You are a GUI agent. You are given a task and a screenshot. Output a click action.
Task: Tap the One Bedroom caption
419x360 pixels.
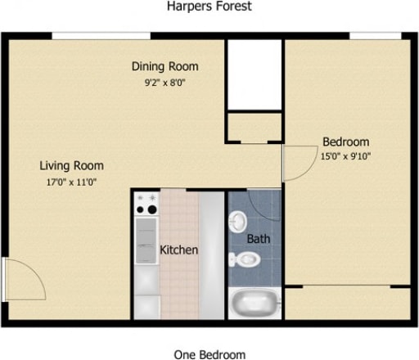click(209, 354)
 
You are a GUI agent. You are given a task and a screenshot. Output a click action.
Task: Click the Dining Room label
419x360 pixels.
click(165, 66)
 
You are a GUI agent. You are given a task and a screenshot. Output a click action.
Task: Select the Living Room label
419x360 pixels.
click(72, 165)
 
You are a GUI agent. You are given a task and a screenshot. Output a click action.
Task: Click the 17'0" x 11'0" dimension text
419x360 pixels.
click(72, 182)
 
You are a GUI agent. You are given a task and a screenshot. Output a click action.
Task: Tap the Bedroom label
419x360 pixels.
click(345, 141)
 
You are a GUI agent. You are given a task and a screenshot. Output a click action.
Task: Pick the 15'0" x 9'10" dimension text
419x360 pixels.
click(345, 156)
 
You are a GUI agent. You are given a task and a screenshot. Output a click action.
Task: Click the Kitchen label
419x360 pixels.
click(178, 250)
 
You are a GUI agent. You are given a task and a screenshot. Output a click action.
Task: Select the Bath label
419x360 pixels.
click(259, 240)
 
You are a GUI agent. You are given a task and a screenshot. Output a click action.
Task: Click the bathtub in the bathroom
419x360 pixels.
click(255, 305)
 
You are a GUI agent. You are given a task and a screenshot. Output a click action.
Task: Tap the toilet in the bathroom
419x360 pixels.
click(245, 260)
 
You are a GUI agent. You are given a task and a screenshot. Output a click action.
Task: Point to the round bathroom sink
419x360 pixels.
click(238, 222)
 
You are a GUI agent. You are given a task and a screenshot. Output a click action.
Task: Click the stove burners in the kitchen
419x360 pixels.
click(146, 204)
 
